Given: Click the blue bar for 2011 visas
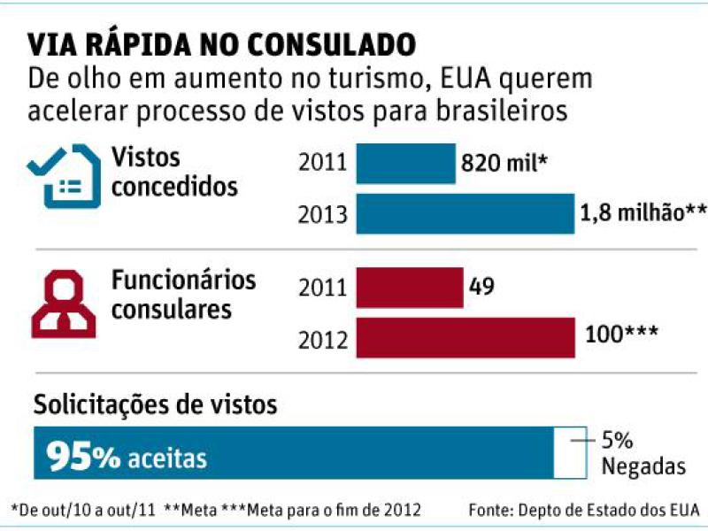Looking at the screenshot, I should (x=405, y=163).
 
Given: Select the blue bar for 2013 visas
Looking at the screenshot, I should (x=465, y=214).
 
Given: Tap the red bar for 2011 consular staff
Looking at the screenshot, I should (x=409, y=289).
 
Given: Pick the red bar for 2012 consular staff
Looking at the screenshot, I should (x=465, y=338).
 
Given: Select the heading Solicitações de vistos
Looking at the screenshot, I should (x=156, y=405).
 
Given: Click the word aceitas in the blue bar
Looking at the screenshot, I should (x=167, y=458).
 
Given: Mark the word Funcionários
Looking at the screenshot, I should (x=183, y=281).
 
